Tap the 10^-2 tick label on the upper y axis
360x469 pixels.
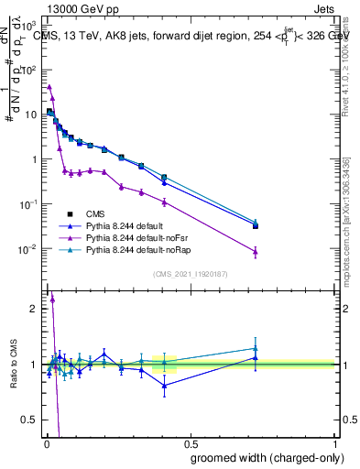click(x=30, y=249)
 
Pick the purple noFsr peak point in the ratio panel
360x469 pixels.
click(x=52, y=298)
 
